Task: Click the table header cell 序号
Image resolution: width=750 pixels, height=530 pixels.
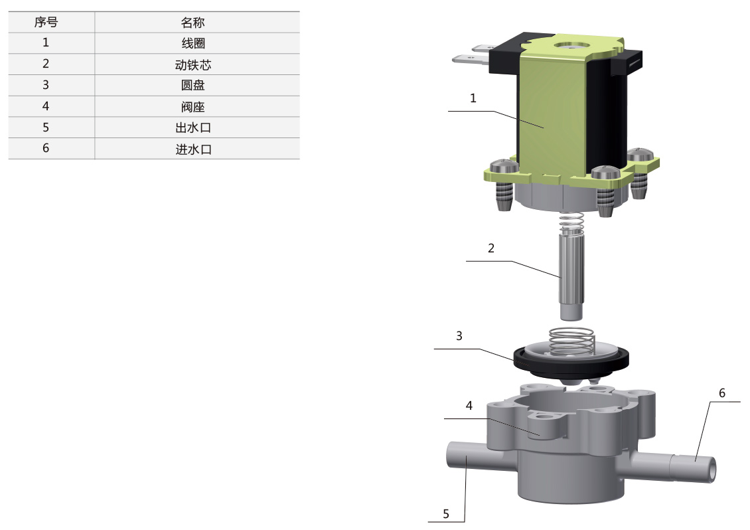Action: pos(46,23)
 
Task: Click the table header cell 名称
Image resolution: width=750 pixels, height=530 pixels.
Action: pos(192,23)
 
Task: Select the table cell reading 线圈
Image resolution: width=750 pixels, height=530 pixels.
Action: pos(192,43)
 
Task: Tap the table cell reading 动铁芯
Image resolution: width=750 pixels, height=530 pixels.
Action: pos(192,64)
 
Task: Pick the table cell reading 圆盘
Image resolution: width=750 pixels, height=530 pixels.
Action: pos(192,85)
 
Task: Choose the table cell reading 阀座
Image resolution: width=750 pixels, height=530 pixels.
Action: pos(192,106)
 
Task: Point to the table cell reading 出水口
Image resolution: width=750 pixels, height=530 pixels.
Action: pos(192,128)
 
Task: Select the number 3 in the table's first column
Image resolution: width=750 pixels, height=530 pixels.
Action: pos(46,85)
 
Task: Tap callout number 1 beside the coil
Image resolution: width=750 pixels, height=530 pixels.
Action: pos(473,98)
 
